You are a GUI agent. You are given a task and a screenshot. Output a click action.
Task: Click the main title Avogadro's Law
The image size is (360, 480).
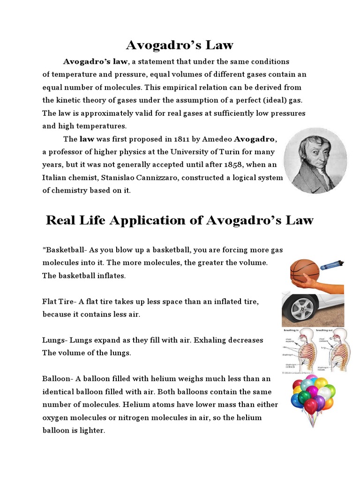click(180, 45)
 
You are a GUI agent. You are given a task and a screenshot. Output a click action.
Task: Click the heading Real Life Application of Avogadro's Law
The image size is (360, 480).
click(180, 220)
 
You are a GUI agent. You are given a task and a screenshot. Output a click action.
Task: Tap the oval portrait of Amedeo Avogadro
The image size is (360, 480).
click(315, 160)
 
